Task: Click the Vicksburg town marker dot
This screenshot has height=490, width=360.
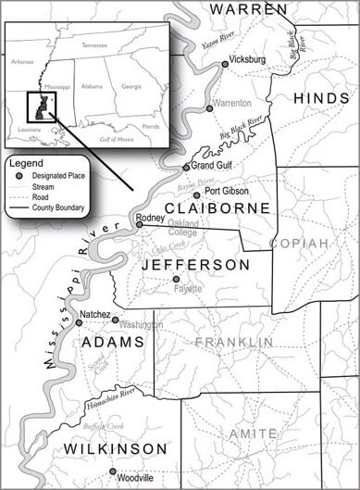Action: click(223, 64)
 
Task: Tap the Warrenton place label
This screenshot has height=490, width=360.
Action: click(231, 103)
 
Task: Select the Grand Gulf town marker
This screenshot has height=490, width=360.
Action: click(186, 167)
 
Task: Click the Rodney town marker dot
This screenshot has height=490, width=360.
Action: click(139, 224)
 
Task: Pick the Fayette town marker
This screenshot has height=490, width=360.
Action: click(176, 279)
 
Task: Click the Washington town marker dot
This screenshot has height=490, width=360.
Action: click(116, 320)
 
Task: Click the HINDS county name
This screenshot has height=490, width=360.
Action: click(324, 98)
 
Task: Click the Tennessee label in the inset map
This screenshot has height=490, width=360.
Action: click(94, 44)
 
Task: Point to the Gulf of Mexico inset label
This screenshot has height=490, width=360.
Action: click(116, 138)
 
